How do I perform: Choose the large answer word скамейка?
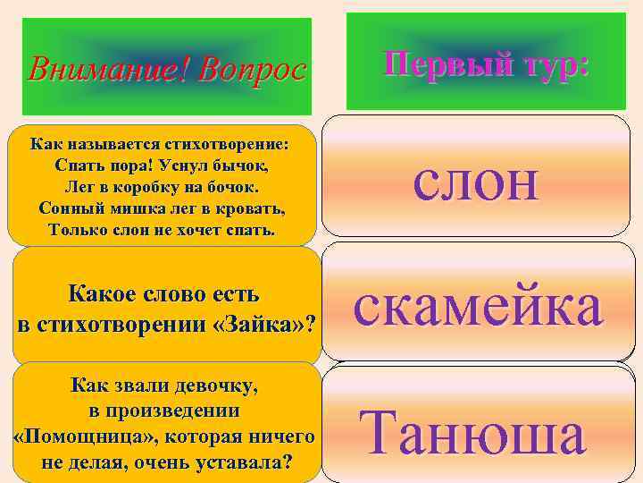[x=478, y=306]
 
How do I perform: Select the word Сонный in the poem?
[x=71, y=208]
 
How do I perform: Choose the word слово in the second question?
[x=178, y=294]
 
